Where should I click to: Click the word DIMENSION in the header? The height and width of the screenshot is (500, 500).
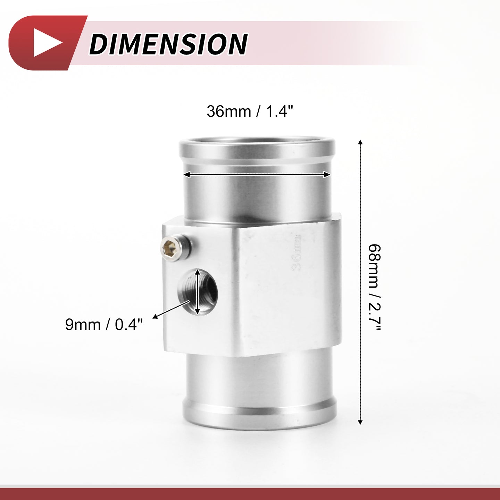169,44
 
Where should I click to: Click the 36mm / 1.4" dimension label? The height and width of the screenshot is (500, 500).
250,111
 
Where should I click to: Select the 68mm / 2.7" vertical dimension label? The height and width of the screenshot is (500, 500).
375,287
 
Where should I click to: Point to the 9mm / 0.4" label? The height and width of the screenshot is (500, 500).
104,324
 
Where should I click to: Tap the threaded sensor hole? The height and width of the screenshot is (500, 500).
198,292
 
